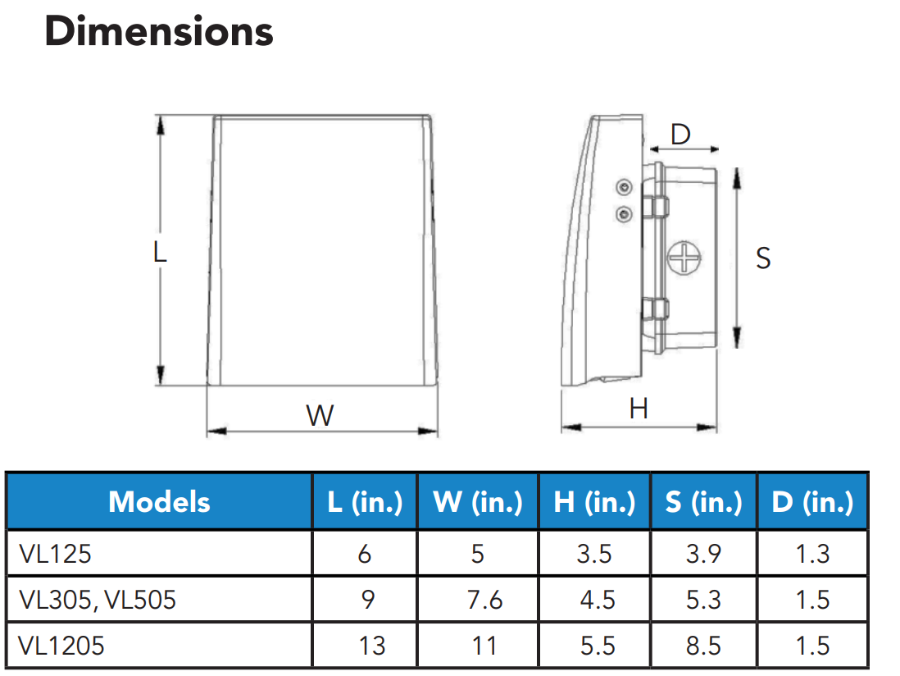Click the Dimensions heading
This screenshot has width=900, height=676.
tap(159, 32)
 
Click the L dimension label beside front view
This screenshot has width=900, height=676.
tap(160, 251)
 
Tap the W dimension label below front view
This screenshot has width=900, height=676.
tap(320, 415)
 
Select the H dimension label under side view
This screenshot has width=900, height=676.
tap(638, 408)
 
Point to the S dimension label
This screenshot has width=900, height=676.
tap(762, 258)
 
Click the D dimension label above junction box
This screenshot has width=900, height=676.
tap(680, 135)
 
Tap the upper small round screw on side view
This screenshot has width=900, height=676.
tap(625, 188)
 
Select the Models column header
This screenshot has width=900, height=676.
tap(159, 501)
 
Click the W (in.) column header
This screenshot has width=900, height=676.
tap(478, 501)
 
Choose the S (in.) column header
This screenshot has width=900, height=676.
tap(703, 501)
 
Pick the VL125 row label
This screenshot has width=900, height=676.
tap(55, 554)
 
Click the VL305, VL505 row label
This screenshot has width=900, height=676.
tap(97, 600)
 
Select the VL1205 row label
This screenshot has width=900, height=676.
tap(61, 646)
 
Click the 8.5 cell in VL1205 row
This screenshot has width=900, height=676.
tap(703, 646)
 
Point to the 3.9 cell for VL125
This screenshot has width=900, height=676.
tap(703, 554)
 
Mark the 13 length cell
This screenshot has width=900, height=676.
tap(371, 646)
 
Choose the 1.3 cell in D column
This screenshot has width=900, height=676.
tap(812, 554)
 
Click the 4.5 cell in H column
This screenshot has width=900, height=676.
tap(596, 600)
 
